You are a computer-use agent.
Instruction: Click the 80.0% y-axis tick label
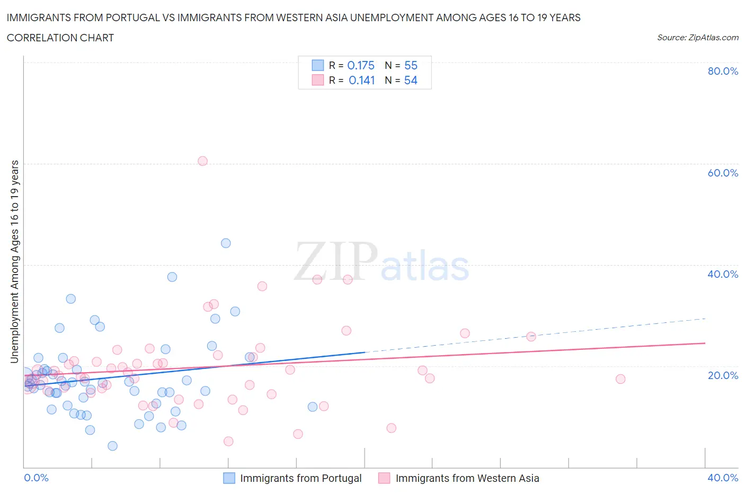pyautogui.click(x=723, y=71)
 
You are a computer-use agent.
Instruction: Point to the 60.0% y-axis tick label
pyautogui.click(x=723, y=173)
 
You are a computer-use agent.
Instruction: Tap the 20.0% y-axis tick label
pyautogui.click(x=723, y=375)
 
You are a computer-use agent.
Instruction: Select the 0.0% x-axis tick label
pyautogui.click(x=36, y=478)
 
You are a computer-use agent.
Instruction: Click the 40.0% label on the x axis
pyautogui.click(x=723, y=478)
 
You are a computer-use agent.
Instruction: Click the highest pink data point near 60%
pyautogui.click(x=202, y=161)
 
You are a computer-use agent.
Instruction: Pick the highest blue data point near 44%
pyautogui.click(x=226, y=243)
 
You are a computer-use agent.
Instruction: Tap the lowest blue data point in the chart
pyautogui.click(x=112, y=446)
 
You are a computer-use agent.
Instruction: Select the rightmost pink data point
pyautogui.click(x=620, y=379)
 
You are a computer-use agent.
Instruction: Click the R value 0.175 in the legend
pyautogui.click(x=361, y=65)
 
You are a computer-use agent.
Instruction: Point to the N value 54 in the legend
pyautogui.click(x=411, y=80)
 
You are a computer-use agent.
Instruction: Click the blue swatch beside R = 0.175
pyautogui.click(x=317, y=65)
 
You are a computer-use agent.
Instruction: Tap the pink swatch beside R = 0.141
pyautogui.click(x=317, y=80)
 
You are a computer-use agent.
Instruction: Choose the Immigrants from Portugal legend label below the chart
pyautogui.click(x=300, y=478)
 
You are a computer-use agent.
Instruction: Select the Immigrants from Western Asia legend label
pyautogui.click(x=467, y=478)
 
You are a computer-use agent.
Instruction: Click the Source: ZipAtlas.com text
pyautogui.click(x=697, y=38)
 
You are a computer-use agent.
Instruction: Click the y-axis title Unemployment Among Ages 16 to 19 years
pyautogui.click(x=15, y=261)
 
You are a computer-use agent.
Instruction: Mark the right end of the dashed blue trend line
pyautogui.click(x=705, y=319)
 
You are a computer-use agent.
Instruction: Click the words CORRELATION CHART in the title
pyautogui.click(x=60, y=38)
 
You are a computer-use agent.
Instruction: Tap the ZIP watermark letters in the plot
pyautogui.click(x=336, y=261)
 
